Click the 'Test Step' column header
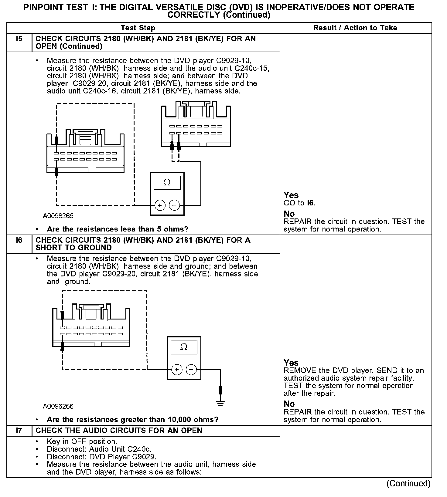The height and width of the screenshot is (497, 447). coord(138,28)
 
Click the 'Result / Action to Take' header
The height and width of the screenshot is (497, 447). coord(355,28)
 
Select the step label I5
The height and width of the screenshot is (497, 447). coord(19,39)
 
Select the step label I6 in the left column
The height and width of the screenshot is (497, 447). coord(19,240)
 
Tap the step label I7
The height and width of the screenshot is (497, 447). coord(19,431)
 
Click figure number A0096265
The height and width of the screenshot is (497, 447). coord(58,216)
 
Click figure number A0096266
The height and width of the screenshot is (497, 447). coord(58,406)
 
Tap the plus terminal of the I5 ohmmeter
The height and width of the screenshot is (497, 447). coord(160,205)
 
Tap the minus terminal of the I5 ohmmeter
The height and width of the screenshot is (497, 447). coord(174,205)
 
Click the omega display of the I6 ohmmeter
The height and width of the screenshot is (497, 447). coord(184,347)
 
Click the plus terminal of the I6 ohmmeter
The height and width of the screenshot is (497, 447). coord(177,370)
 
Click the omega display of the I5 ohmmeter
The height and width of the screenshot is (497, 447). coord(167,183)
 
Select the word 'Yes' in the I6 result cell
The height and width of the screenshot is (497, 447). coord(291,363)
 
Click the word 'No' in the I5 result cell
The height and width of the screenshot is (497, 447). coord(289,214)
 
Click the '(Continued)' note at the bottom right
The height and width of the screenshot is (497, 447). coord(408,483)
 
